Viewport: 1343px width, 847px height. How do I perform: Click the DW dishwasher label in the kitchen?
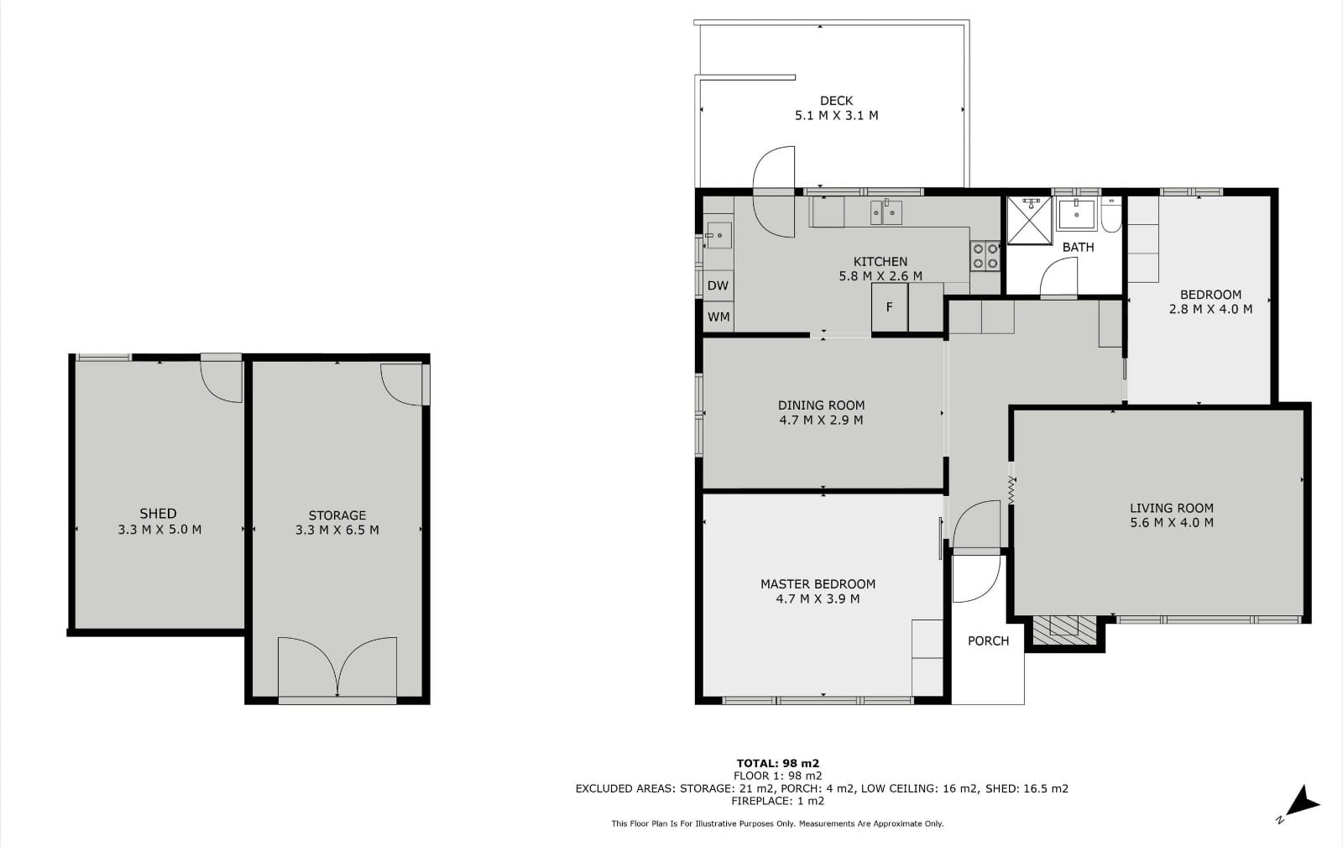(x=718, y=285)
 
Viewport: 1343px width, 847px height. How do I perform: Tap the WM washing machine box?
(x=719, y=316)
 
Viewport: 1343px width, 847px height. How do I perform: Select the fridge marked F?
(x=890, y=307)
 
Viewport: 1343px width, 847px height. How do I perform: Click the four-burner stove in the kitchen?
(x=985, y=256)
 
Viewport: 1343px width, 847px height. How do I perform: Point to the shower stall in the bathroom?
(x=1029, y=220)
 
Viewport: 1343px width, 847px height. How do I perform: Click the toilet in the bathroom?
(x=1111, y=215)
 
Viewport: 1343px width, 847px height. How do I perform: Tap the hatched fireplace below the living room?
(x=1063, y=630)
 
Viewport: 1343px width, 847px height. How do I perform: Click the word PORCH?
(x=988, y=640)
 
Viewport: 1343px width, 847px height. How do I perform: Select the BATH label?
(x=1078, y=247)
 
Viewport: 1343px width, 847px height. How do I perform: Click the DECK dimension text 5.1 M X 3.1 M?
(x=836, y=115)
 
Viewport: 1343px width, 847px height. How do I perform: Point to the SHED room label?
(x=159, y=513)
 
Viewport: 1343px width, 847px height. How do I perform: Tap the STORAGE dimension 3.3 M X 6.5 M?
(x=337, y=530)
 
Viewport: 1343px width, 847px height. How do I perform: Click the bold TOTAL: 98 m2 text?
(x=777, y=763)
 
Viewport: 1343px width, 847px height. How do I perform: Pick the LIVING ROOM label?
(x=1172, y=508)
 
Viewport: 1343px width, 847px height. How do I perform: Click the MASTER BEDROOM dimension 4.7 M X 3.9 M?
(x=818, y=599)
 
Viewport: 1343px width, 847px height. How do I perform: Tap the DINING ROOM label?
(x=822, y=405)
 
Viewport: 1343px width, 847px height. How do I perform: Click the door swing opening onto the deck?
(x=774, y=192)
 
